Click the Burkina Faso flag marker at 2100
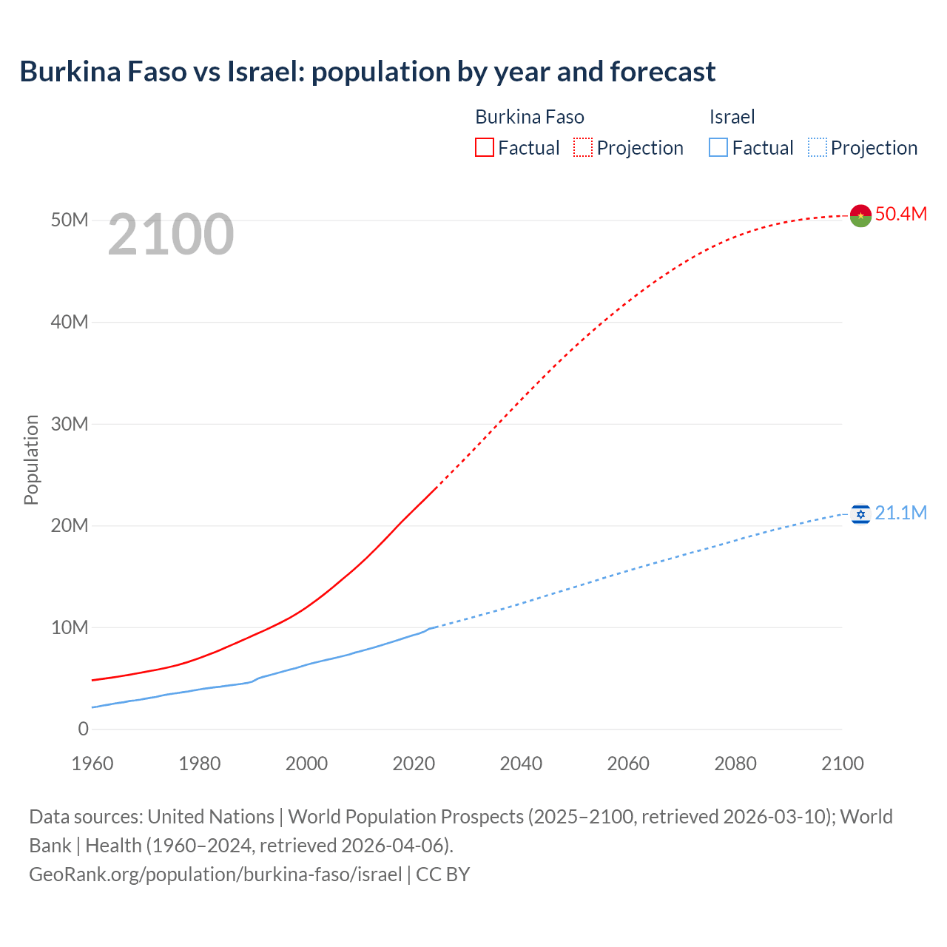860,215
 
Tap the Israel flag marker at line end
860,513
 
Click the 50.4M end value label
900,214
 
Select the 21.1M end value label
900,513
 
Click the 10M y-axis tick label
70,627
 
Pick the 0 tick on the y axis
83,729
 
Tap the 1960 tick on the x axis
92,764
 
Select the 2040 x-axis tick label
521,764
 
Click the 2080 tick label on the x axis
735,764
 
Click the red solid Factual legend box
484,147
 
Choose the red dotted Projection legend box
583,147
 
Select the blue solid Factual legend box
718,147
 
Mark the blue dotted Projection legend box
818,147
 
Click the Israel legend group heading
732,117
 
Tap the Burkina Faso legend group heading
530,117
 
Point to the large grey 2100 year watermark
171,235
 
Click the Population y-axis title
31,459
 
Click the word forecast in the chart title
662,72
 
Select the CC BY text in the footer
442,874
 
